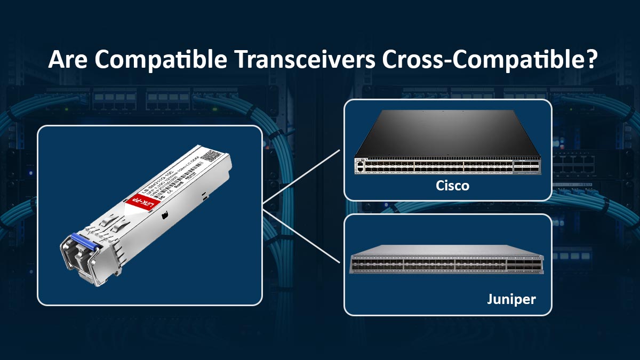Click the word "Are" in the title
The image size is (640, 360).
tap(66, 60)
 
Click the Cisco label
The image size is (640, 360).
tap(452, 186)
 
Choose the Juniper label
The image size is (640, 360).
tap(511, 299)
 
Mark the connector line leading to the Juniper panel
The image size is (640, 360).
tap(301, 235)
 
